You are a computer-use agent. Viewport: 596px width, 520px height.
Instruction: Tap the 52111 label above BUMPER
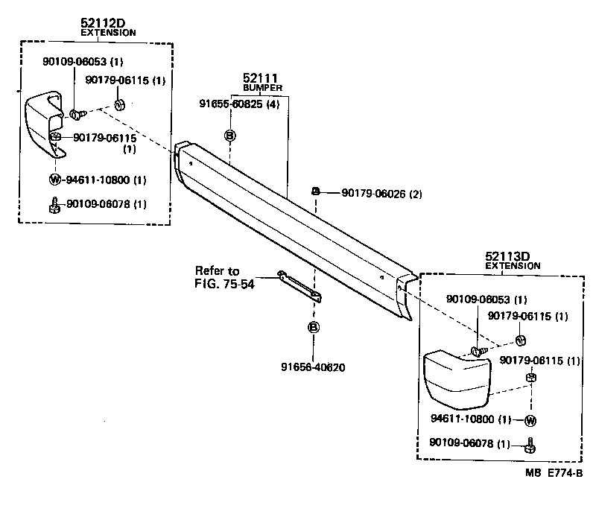(x=258, y=78)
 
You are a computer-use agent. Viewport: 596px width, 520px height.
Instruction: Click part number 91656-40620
(x=313, y=367)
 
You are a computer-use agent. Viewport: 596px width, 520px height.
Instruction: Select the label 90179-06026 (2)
(x=381, y=194)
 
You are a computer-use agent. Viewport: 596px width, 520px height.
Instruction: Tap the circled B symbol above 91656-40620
(x=313, y=327)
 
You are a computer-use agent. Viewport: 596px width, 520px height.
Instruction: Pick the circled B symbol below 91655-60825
(x=230, y=136)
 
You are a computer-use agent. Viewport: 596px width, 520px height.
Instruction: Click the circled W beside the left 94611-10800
(x=54, y=180)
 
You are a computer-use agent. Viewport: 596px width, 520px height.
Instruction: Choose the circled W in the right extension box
(x=530, y=420)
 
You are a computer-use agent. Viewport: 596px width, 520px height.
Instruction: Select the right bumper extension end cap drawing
(x=455, y=378)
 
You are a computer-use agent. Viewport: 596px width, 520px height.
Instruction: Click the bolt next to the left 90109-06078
(x=54, y=204)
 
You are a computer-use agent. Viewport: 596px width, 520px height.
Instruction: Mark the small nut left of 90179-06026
(x=316, y=192)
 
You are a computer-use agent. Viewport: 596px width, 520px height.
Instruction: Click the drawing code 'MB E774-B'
(x=553, y=472)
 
